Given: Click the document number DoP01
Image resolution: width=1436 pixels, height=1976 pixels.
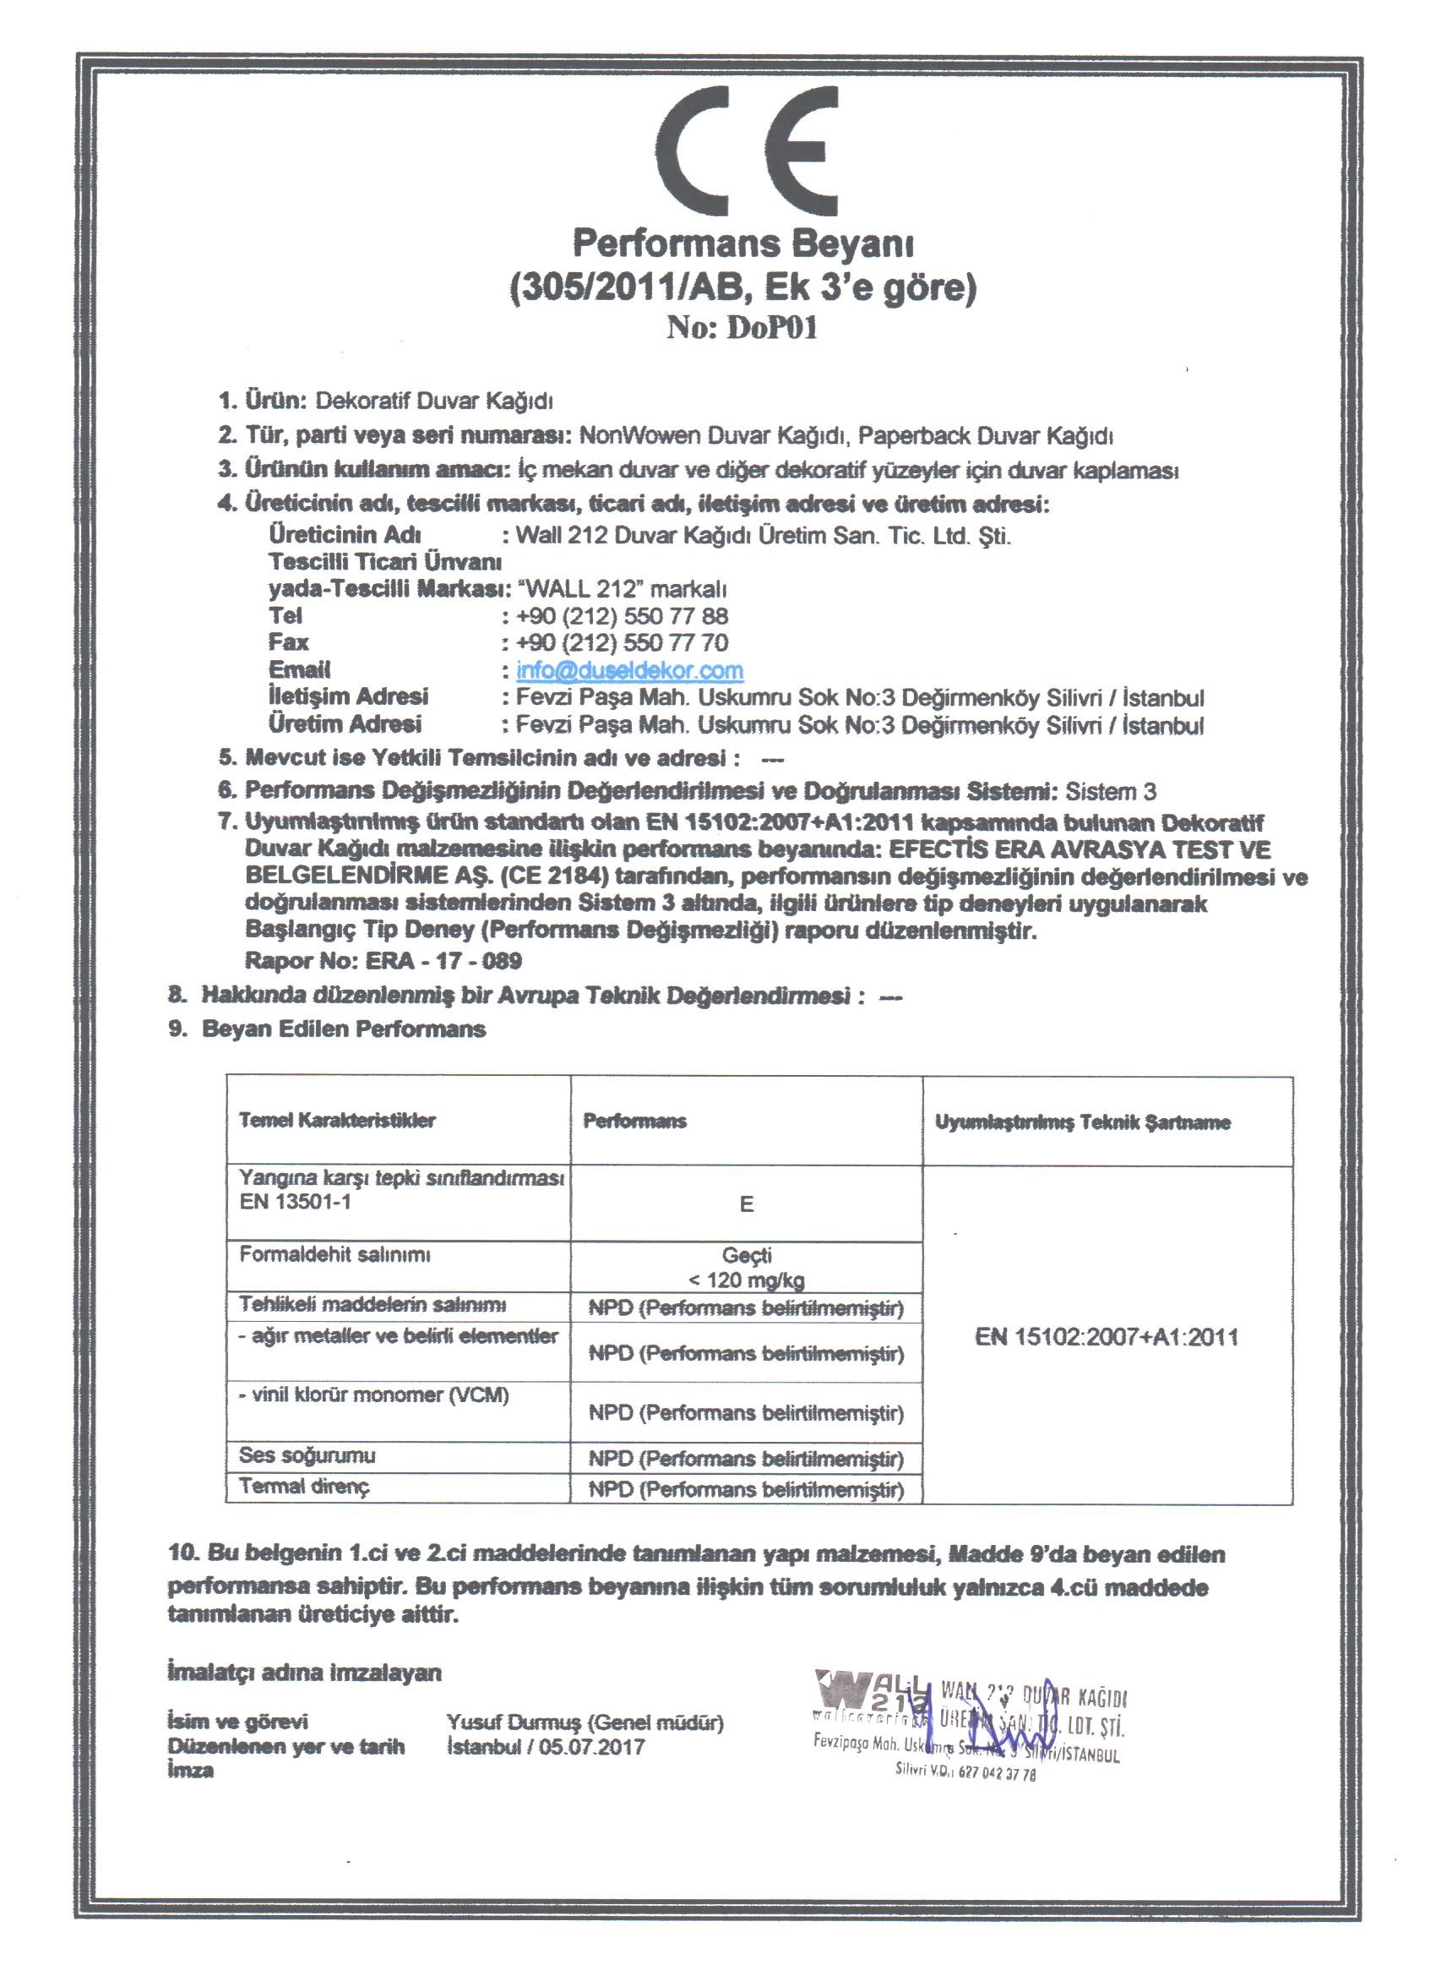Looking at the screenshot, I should (742, 328).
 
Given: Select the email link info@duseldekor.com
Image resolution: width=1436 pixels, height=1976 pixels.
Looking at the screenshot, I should (628, 670).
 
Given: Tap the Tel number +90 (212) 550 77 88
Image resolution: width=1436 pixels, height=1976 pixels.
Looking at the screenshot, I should (622, 616).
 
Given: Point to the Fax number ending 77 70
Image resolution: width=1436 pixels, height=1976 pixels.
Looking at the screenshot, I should (622, 643).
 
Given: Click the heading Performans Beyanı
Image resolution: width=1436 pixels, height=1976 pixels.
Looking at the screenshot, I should (742, 243).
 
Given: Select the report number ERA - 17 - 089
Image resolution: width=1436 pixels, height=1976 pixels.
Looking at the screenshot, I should (443, 961).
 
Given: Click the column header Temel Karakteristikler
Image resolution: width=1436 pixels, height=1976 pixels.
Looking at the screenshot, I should (337, 1121).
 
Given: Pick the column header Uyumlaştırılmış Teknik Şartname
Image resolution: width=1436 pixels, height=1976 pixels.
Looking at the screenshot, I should (1082, 1122).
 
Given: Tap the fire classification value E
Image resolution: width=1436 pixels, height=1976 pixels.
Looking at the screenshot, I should (747, 1204).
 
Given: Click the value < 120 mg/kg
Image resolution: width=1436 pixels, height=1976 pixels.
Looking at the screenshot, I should (747, 1280).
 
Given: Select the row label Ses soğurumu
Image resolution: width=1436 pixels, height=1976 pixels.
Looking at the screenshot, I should (307, 1455).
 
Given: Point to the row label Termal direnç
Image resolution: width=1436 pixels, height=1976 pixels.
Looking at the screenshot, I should (304, 1487).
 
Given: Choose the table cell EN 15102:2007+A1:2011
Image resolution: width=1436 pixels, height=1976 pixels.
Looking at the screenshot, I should (1107, 1337).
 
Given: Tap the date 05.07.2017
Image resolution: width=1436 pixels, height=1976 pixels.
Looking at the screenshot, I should (591, 1747).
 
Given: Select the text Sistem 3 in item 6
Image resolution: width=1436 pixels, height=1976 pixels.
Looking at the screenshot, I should (1110, 791).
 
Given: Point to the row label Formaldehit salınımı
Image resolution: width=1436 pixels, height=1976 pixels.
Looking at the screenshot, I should (335, 1254).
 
